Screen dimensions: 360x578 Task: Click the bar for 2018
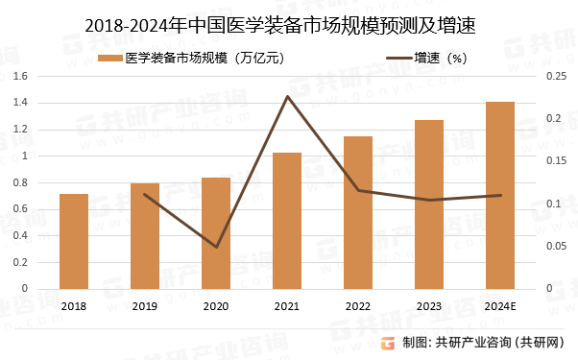(74, 241)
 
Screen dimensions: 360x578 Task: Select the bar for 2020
(216, 233)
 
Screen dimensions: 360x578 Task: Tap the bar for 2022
(358, 212)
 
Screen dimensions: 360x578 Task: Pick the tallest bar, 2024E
(500, 195)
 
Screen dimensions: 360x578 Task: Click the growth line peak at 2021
(287, 96)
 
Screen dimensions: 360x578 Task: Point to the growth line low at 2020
(216, 247)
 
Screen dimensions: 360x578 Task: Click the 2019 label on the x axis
(145, 305)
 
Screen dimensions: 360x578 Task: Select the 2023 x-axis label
(429, 305)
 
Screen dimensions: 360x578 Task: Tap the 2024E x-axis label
(500, 305)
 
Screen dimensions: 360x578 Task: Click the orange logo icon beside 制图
(388, 343)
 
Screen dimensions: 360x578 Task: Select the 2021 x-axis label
(287, 305)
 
